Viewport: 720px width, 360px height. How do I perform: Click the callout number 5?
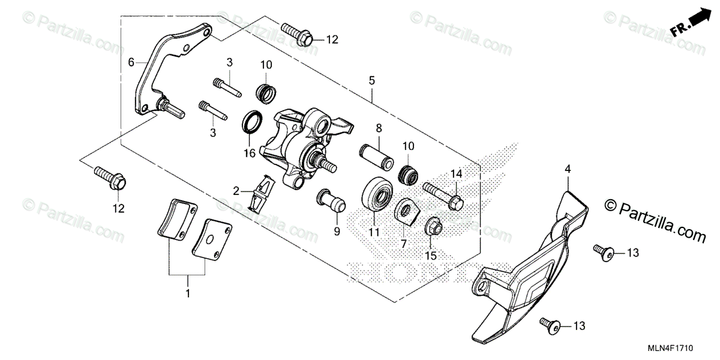(x=372, y=79)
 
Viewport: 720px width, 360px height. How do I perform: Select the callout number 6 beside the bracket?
(x=131, y=61)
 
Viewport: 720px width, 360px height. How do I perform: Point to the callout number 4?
(x=567, y=170)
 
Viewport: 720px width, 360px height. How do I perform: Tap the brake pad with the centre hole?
(x=212, y=238)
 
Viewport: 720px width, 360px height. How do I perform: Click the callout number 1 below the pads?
(x=188, y=294)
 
